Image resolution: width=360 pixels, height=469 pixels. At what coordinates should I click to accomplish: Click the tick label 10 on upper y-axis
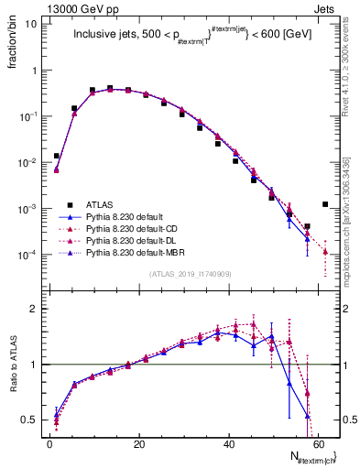coord(31,24)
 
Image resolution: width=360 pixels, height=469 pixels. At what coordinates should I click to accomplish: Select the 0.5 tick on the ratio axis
coord(28,420)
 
